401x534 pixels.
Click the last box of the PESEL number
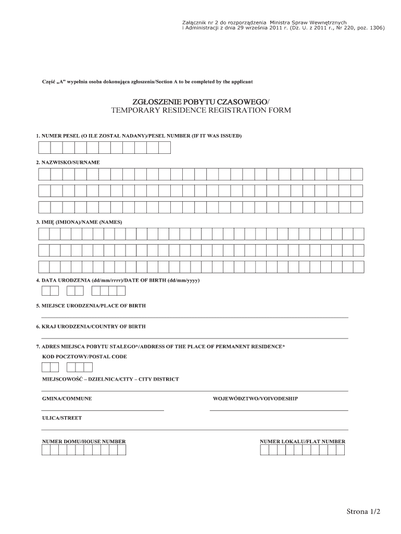tap(165, 148)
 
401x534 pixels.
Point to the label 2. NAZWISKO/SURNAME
tap(68, 163)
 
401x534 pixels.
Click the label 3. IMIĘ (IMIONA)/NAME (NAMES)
tap(79, 222)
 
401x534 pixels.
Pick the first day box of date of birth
tap(40, 290)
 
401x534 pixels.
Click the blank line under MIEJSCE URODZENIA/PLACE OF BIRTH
tap(194, 317)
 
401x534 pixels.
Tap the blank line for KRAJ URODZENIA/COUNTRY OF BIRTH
tap(194, 338)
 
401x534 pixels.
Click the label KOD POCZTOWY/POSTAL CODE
tap(84, 357)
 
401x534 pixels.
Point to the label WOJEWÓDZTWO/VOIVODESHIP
tap(255, 399)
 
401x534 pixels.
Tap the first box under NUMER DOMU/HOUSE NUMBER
tap(46, 450)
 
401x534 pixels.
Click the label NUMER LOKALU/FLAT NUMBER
tap(303, 442)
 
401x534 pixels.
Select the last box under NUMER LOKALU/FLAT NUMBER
tap(341, 450)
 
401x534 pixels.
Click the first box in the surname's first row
tap(44, 174)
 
